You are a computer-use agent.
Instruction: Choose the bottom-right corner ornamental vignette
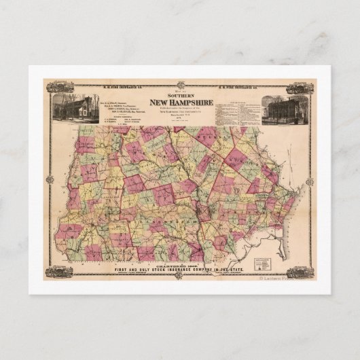(x=299, y=272)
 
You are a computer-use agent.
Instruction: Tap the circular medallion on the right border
(x=310, y=179)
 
